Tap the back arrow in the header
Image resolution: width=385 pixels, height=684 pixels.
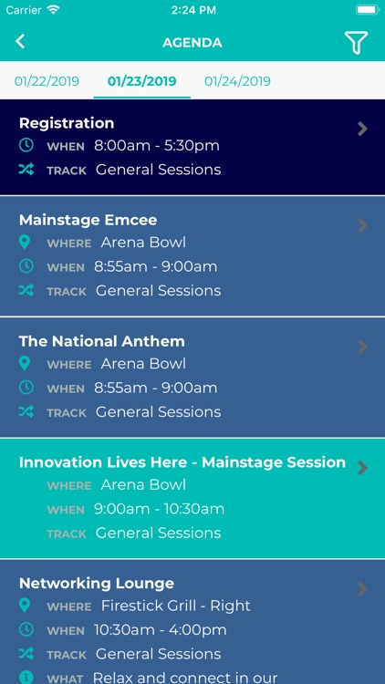[x=20, y=41]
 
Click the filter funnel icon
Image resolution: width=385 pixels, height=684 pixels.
[x=356, y=42]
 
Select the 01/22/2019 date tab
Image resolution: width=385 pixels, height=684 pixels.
[x=47, y=81]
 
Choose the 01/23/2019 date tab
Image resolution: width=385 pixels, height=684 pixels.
[x=141, y=81]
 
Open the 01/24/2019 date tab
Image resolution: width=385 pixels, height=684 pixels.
[x=237, y=81]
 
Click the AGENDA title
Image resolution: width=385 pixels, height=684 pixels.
[x=192, y=42]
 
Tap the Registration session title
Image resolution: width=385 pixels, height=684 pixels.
[x=67, y=123]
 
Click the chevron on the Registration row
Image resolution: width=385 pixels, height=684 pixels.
[x=362, y=129]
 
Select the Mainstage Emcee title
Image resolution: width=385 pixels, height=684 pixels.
[x=88, y=220]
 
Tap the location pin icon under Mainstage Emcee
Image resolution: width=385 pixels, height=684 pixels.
[x=26, y=243]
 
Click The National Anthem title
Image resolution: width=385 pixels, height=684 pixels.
[x=101, y=341]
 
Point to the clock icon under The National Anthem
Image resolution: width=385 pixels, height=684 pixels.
[x=26, y=388]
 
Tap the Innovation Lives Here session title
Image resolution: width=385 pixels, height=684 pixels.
[x=182, y=462]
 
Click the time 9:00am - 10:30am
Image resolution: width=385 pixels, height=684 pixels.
[x=159, y=509]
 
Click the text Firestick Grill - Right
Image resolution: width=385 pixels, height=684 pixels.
[x=175, y=606]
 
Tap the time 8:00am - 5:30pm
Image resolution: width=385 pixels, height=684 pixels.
[x=156, y=146]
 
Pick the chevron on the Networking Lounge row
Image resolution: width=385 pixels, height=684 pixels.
[x=362, y=589]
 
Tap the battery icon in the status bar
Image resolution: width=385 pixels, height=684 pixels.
[x=367, y=9]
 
